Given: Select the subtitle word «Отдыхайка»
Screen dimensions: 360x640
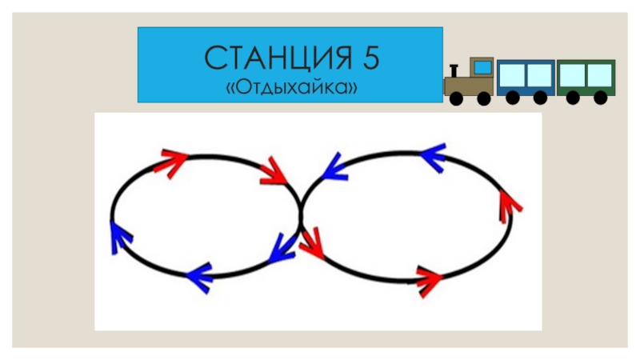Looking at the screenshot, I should pyautogui.click(x=291, y=85).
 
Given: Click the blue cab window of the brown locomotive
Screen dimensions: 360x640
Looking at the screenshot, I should pyautogui.click(x=482, y=67).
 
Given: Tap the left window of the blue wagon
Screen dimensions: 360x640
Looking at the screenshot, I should pyautogui.click(x=512, y=75).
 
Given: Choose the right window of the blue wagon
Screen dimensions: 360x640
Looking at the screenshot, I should pyautogui.click(x=538, y=75).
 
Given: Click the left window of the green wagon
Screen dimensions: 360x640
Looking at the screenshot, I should pyautogui.click(x=571, y=74).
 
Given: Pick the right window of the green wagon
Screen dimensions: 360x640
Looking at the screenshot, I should pyautogui.click(x=598, y=74).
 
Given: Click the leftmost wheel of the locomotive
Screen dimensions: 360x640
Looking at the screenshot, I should pyautogui.click(x=456, y=99).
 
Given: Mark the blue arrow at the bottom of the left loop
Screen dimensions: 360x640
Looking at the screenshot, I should pyautogui.click(x=198, y=276).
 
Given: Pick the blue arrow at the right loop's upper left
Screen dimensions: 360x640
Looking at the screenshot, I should pyautogui.click(x=329, y=166).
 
